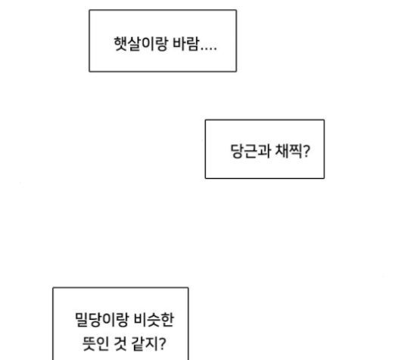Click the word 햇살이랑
[x=141, y=44]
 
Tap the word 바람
[x=185, y=44]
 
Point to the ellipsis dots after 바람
[x=209, y=49]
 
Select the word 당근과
[x=251, y=151]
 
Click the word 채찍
[x=288, y=151]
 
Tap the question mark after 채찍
[x=307, y=151]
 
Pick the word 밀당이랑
[x=101, y=320]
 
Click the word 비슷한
[x=154, y=320]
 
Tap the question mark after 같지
[x=162, y=343]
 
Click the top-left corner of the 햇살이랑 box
[x=89, y=10]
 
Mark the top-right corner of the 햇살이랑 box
[x=236, y=10]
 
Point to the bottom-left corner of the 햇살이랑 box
[x=89, y=71]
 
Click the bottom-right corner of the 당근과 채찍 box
[x=324, y=178]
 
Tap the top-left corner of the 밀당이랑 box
[x=53, y=288]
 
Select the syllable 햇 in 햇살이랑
[x=120, y=44]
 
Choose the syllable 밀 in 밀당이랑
[x=82, y=320]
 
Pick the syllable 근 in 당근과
[x=251, y=151]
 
